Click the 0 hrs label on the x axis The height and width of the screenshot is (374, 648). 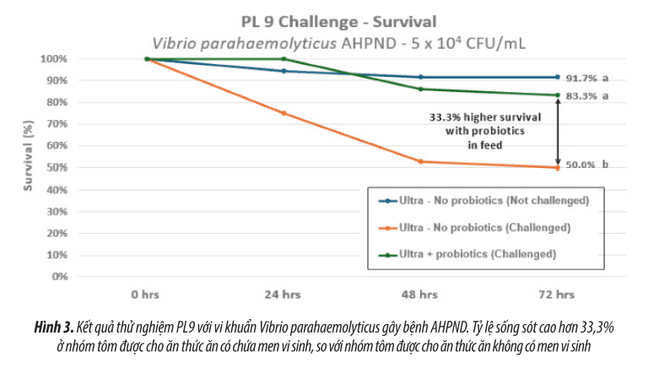click(x=146, y=295)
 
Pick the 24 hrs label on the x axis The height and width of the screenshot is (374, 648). click(x=283, y=295)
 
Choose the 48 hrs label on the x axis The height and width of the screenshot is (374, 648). click(x=420, y=295)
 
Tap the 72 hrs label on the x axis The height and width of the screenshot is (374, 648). click(x=557, y=295)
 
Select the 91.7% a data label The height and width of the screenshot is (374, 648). click(x=587, y=78)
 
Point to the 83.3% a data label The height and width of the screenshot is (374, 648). click(x=587, y=96)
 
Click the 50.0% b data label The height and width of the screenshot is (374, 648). click(x=587, y=166)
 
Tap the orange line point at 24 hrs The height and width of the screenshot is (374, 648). click(x=283, y=113)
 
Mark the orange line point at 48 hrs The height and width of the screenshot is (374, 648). click(x=420, y=161)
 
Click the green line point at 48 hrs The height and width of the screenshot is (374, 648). click(x=420, y=89)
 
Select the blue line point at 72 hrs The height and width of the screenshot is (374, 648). click(x=557, y=77)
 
